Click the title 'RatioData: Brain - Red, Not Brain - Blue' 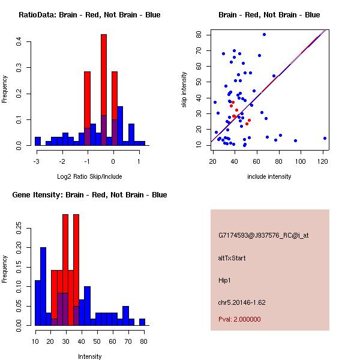coord(89,15)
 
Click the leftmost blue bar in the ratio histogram coord(37,142)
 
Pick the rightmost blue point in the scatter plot coord(325,138)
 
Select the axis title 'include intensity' coord(269,176)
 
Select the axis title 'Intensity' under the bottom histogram coord(90,356)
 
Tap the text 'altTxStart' coord(232,258)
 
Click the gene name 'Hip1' coord(225,280)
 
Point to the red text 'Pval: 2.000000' coord(239,319)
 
